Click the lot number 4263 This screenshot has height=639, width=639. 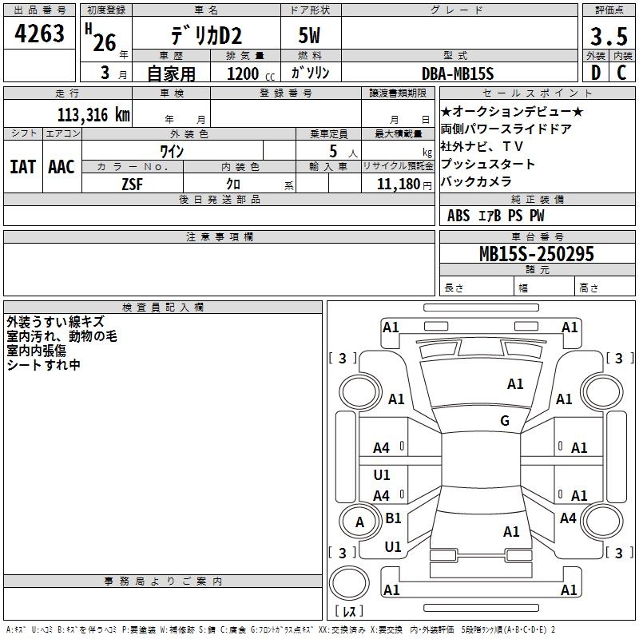39,34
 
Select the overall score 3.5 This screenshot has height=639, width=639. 609,36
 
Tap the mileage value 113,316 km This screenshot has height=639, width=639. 93,115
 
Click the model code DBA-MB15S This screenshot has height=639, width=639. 458,73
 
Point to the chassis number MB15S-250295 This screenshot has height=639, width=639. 537,254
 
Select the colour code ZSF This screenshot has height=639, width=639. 133,185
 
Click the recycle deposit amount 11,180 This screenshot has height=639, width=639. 399,185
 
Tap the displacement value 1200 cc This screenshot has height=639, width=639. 251,73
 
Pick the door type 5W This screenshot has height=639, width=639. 309,35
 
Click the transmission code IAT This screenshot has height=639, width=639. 23,167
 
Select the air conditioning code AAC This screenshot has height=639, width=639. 62,167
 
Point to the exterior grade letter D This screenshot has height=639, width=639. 596,73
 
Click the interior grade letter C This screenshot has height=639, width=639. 621,73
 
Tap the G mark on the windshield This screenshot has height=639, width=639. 505,420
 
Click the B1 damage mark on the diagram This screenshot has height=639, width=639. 393,518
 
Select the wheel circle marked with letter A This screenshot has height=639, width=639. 359,522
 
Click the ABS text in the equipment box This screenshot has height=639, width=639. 458,216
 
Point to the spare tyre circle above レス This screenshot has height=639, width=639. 349,583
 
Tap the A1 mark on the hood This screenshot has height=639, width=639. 515,384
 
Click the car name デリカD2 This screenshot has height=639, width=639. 206,36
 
